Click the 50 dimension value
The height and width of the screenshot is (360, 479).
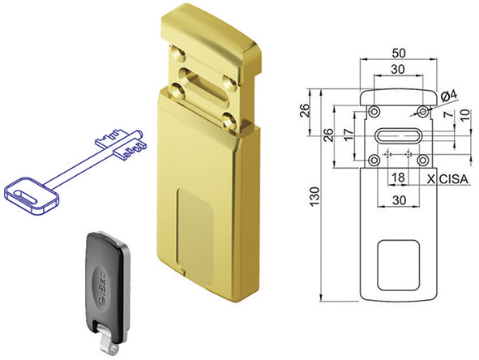397,53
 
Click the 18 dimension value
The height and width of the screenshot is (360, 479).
397,177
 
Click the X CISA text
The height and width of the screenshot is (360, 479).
445,177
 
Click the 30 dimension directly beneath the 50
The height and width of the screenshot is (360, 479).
397,71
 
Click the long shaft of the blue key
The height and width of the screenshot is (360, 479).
77,169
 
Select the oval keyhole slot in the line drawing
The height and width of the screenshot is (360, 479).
397,135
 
